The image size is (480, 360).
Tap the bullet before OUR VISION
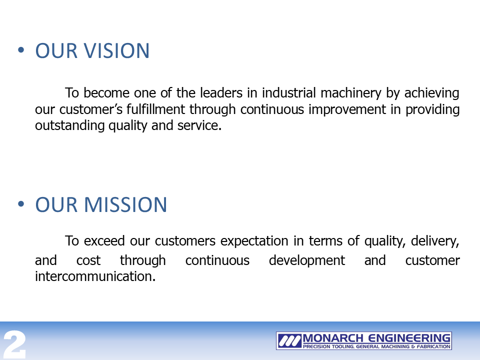[x=21, y=49]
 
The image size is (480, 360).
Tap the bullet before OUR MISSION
[x=21, y=203]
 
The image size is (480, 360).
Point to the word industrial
[x=288, y=93]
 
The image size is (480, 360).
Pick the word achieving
[x=432, y=93]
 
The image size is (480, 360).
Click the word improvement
[x=347, y=110]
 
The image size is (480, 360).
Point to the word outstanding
[x=70, y=126]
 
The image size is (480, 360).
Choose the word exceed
[x=104, y=241]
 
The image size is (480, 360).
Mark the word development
[x=306, y=261]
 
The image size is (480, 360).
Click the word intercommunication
[x=95, y=276]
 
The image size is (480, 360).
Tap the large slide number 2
[x=14, y=344]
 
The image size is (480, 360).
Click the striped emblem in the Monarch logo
[x=289, y=340]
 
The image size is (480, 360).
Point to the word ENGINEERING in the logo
[x=409, y=338]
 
